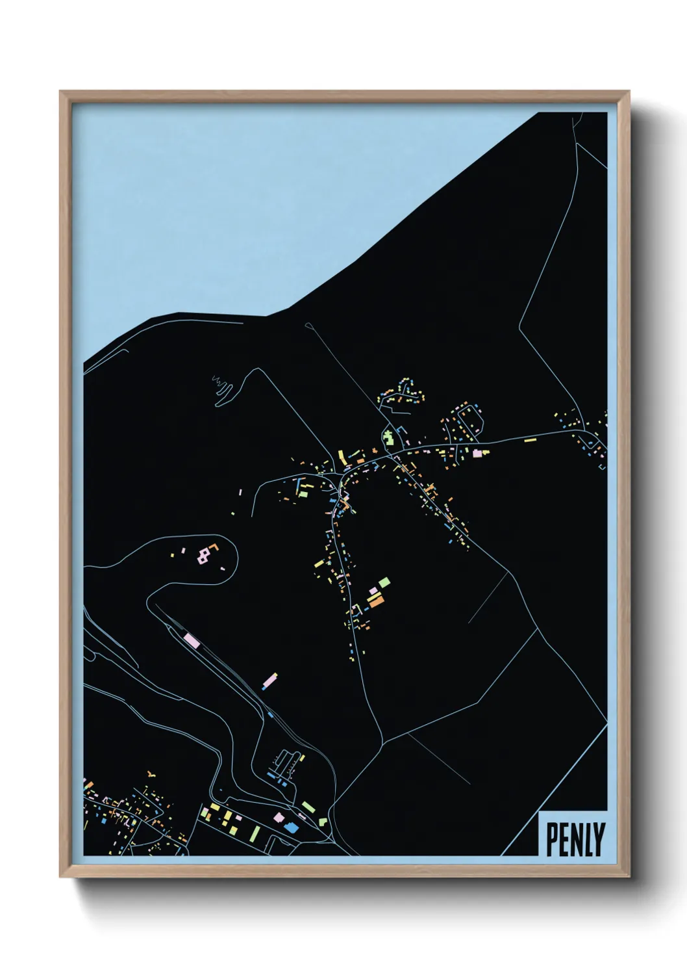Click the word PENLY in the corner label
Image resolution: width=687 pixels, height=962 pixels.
pos(575,840)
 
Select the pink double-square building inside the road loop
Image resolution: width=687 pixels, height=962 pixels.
pos(205,554)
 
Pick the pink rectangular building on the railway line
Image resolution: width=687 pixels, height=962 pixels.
pos(192,641)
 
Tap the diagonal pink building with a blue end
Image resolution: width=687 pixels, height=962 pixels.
pos(269,681)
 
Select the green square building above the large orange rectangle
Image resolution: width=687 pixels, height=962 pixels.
pos(385,580)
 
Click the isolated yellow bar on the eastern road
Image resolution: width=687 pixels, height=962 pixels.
pos(531,440)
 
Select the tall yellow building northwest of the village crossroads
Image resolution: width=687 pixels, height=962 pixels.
pos(340,455)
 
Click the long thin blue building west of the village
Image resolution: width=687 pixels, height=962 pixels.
pos(298,486)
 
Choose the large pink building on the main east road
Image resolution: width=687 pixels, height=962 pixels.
pos(479,452)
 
